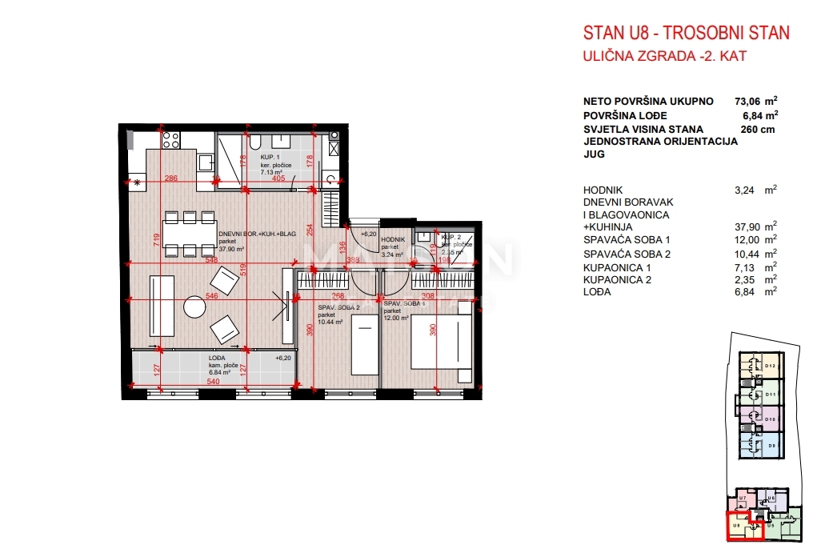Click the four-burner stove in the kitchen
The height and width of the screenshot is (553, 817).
(x=170, y=140)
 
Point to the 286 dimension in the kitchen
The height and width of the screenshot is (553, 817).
(x=170, y=179)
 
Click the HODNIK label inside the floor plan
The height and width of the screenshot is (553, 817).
(x=394, y=241)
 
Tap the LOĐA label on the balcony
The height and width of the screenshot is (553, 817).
(x=216, y=359)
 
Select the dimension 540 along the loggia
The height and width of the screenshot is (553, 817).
(x=214, y=383)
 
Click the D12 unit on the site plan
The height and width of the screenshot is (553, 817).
(x=771, y=365)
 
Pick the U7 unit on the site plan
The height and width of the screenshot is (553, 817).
(x=742, y=498)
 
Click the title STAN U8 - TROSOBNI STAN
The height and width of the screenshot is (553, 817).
(x=686, y=33)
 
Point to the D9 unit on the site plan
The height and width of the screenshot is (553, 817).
(x=771, y=445)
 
